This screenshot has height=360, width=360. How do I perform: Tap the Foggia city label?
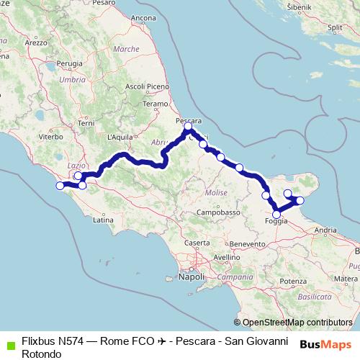276,221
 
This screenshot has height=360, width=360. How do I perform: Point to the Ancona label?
143,17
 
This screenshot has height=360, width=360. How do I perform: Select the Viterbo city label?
51,135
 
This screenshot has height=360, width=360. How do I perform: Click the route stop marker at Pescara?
188,126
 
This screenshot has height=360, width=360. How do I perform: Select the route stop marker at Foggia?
276,214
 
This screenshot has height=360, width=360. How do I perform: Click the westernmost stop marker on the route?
60,186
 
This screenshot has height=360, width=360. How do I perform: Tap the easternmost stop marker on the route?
300,200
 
